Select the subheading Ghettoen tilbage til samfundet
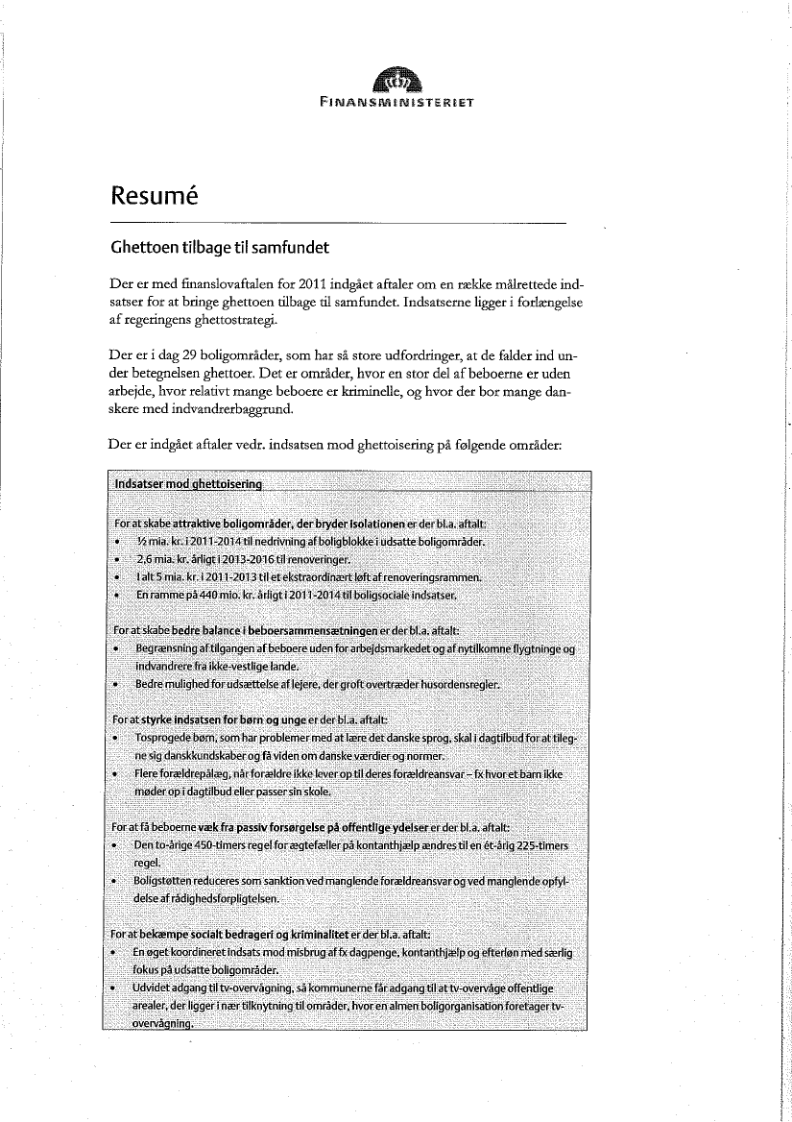click(x=220, y=248)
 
